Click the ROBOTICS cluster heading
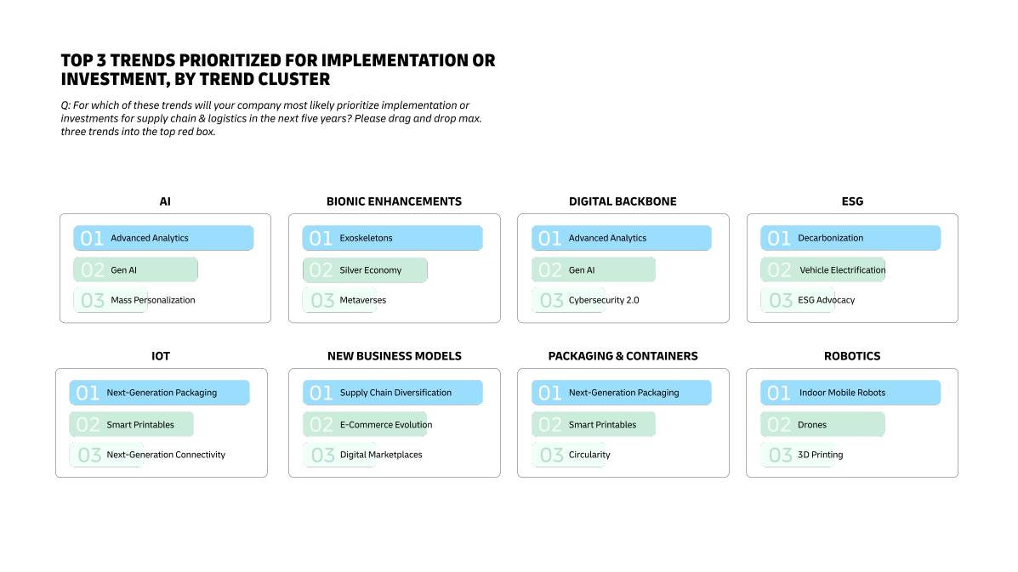[851, 356]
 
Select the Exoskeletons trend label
[366, 238]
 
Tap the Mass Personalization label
[152, 300]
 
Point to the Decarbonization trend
[830, 238]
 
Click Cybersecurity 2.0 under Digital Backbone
[604, 300]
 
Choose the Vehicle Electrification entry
[842, 270]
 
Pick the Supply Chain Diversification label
[395, 393]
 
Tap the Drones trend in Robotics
[811, 425]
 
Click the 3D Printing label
[820, 455]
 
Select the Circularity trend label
[589, 455]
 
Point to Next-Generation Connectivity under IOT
[166, 455]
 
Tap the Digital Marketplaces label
[381, 455]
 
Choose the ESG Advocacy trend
[826, 300]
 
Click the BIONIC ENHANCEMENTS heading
[394, 201]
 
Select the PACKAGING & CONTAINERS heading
[623, 356]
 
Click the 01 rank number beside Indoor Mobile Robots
[779, 393]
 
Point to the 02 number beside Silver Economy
[321, 270]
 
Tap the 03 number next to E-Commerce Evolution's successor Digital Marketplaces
[322, 455]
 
